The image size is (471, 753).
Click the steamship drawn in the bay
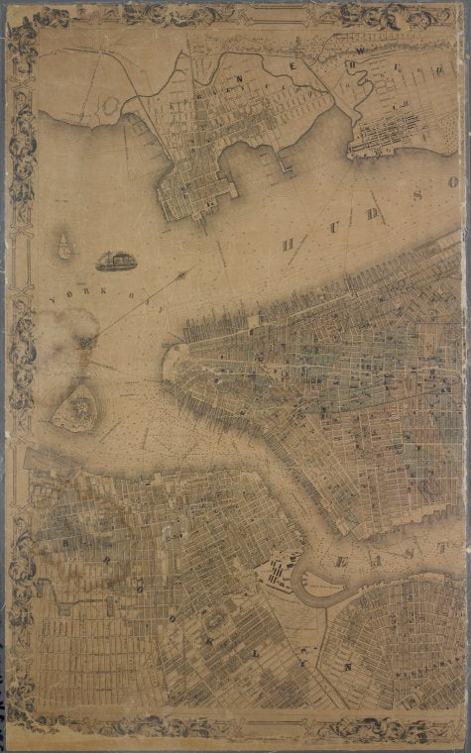pyautogui.click(x=116, y=260)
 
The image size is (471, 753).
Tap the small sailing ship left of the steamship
pyautogui.click(x=64, y=246)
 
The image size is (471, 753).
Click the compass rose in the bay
pyautogui.click(x=86, y=340)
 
